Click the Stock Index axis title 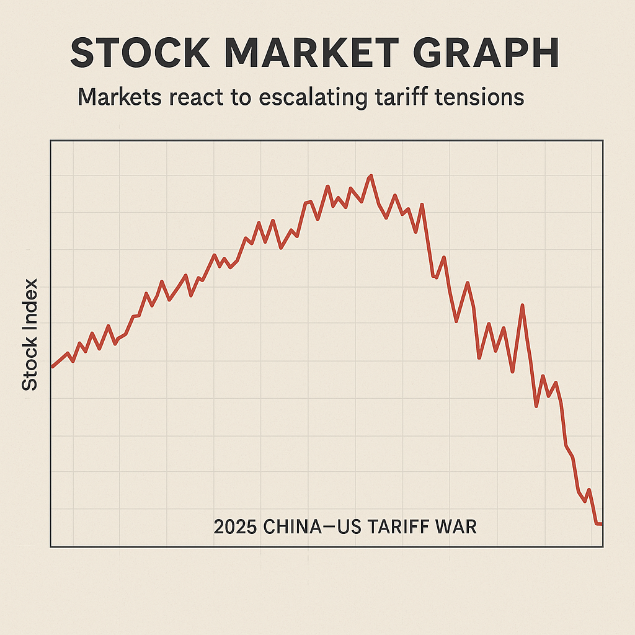29,335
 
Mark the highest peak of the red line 371,176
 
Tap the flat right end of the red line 599,524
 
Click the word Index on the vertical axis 29,303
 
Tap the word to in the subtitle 236,98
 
